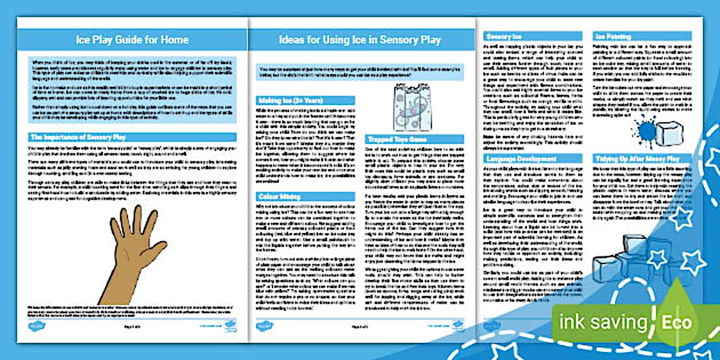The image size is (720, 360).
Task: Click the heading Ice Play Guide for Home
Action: [x=132, y=40]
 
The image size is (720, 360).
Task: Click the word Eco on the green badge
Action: [x=677, y=323]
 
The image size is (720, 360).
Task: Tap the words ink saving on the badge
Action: [x=603, y=323]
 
